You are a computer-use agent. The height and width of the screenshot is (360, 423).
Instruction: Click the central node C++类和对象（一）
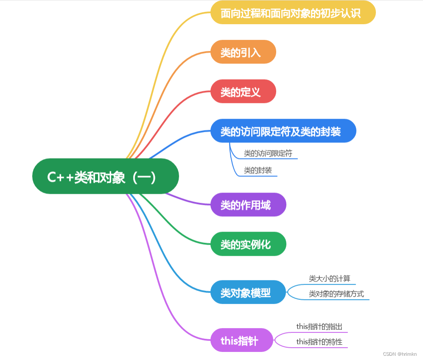click(106, 176)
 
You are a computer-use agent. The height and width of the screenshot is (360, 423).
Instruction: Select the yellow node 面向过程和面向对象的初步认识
click(293, 13)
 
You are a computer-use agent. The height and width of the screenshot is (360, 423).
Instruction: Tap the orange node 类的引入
click(243, 52)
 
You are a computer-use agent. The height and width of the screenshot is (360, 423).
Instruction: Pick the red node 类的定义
click(243, 92)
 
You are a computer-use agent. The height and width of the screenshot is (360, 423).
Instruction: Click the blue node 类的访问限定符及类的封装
click(283, 131)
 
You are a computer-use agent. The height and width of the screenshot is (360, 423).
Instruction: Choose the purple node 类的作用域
click(248, 205)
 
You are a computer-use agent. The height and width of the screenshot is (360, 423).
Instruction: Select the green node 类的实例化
click(248, 244)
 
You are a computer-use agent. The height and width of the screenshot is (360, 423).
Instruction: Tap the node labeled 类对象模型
click(248, 292)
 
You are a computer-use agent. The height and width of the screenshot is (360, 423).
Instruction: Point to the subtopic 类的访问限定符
click(268, 153)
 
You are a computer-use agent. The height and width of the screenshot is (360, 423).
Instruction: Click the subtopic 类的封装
click(258, 170)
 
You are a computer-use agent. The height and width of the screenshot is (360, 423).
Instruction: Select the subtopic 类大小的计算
click(330, 279)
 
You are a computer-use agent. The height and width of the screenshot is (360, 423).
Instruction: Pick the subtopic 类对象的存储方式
click(336, 294)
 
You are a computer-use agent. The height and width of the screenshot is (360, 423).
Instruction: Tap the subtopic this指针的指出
click(319, 327)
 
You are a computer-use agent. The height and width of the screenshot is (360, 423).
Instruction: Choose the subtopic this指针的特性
click(319, 342)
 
